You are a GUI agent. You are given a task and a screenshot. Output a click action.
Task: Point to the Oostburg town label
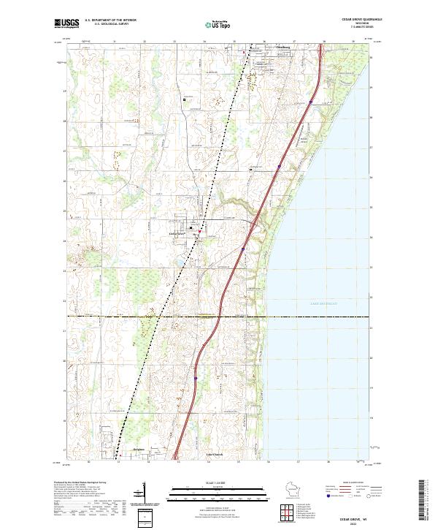pyautogui.click(x=261, y=50)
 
